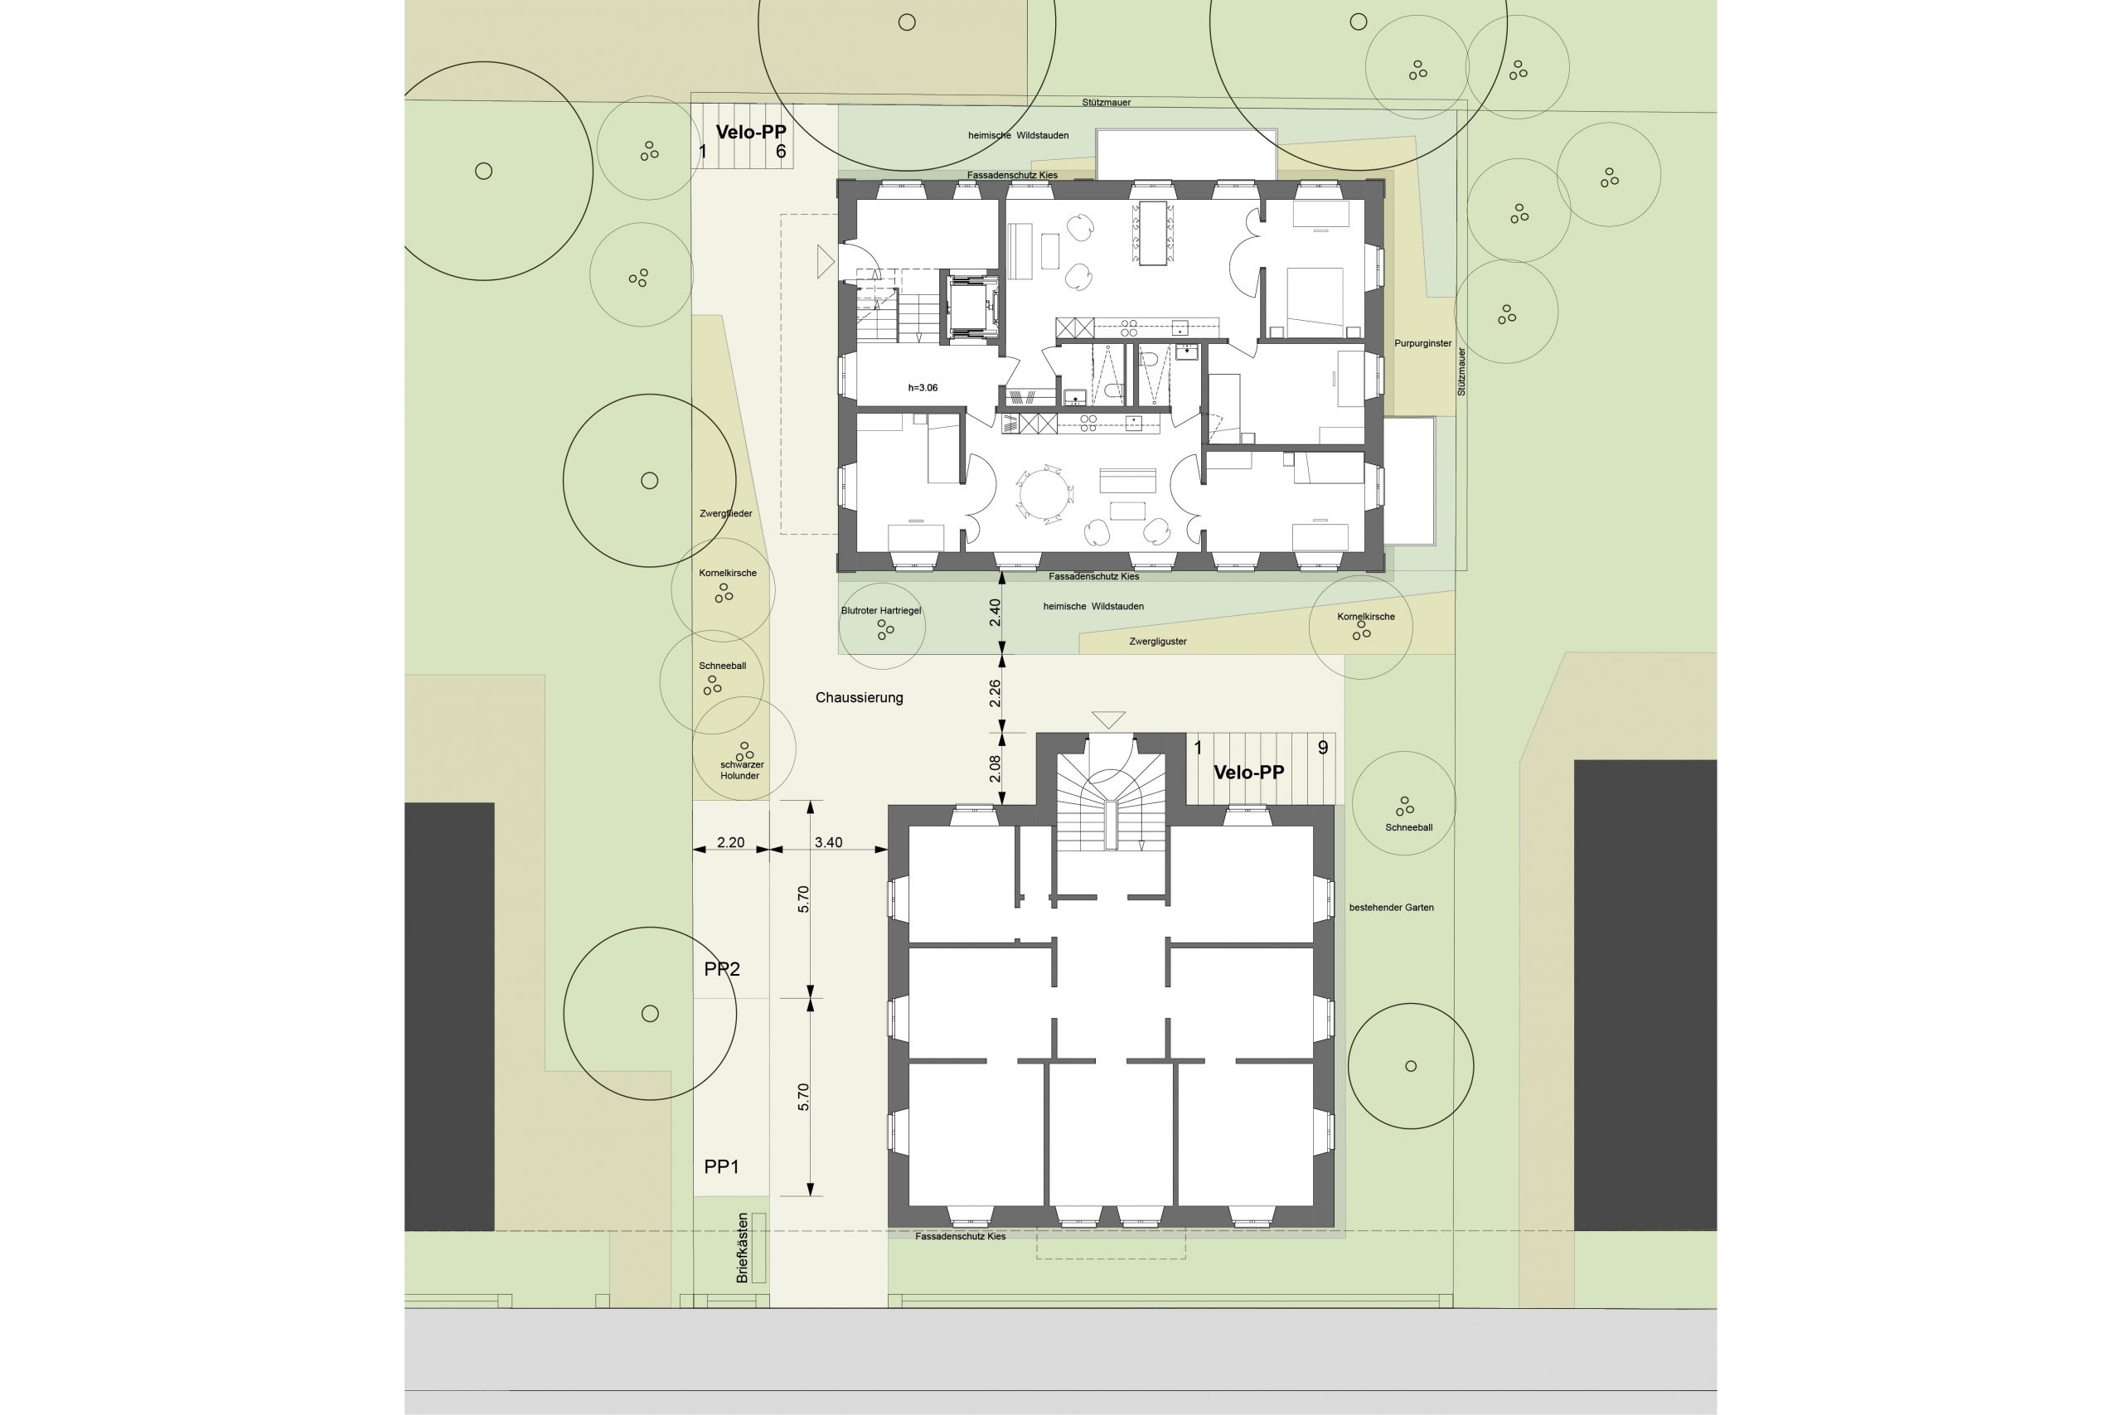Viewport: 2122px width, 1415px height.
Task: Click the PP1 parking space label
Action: (721, 1167)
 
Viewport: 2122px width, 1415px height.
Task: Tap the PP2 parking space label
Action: (722, 969)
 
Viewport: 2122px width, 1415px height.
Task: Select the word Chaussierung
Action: (859, 698)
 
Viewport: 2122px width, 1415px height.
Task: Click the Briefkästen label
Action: (742, 1248)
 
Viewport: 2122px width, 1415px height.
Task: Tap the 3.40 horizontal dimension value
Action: (828, 843)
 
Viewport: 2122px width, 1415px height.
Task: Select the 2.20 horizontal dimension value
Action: (731, 843)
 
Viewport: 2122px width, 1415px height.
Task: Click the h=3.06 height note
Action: (923, 388)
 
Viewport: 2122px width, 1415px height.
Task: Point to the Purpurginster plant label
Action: (1422, 344)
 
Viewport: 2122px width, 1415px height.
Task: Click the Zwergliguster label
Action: (1157, 642)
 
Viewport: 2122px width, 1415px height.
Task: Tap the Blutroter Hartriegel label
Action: (881, 611)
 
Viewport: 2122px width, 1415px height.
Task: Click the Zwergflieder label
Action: (725, 513)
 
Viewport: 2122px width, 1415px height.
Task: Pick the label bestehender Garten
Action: (1391, 907)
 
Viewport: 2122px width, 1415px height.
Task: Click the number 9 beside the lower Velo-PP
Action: (1323, 747)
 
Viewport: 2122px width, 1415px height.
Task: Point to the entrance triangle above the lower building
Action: (1108, 720)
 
